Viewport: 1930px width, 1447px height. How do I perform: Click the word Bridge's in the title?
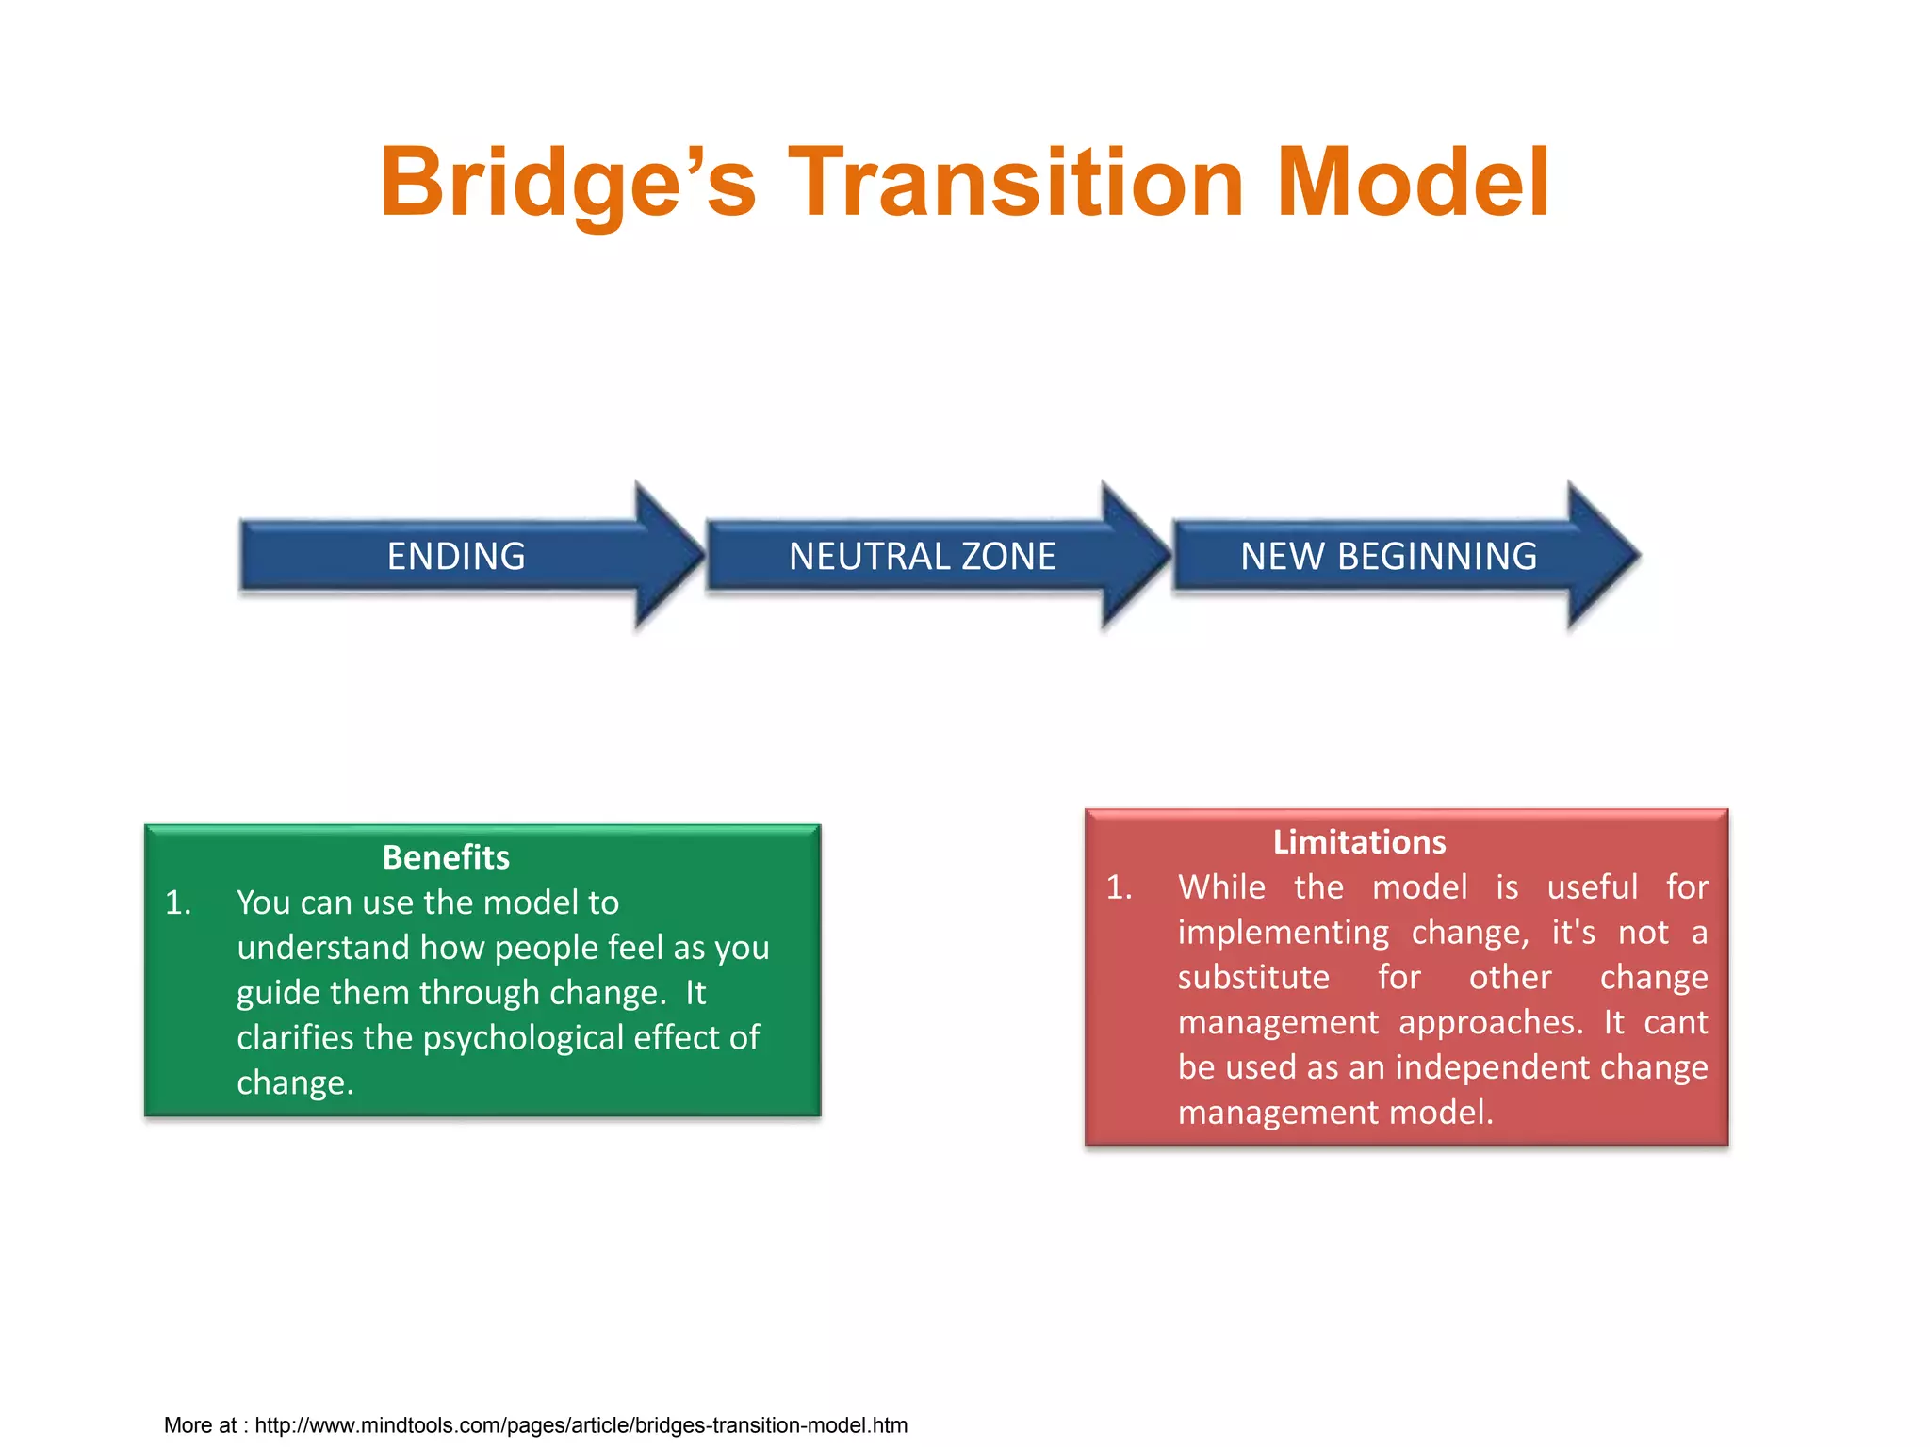[x=567, y=184]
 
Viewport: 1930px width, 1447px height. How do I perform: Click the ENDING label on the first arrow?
[x=456, y=557]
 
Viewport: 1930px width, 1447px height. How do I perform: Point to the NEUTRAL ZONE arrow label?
[x=922, y=557]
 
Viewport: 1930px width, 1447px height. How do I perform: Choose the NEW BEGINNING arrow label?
[x=1388, y=557]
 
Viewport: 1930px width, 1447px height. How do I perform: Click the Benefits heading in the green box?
[x=446, y=857]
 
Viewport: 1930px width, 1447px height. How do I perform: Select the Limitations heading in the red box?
[x=1359, y=842]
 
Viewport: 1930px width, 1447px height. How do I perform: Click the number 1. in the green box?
[x=178, y=903]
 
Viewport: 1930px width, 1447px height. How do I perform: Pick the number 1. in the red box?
[x=1120, y=887]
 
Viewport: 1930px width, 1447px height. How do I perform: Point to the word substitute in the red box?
[x=1253, y=978]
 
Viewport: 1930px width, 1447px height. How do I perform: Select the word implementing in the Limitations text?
[x=1283, y=933]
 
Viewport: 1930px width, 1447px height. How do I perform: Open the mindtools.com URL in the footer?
[x=581, y=1425]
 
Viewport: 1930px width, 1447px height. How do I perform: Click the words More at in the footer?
[x=200, y=1425]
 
